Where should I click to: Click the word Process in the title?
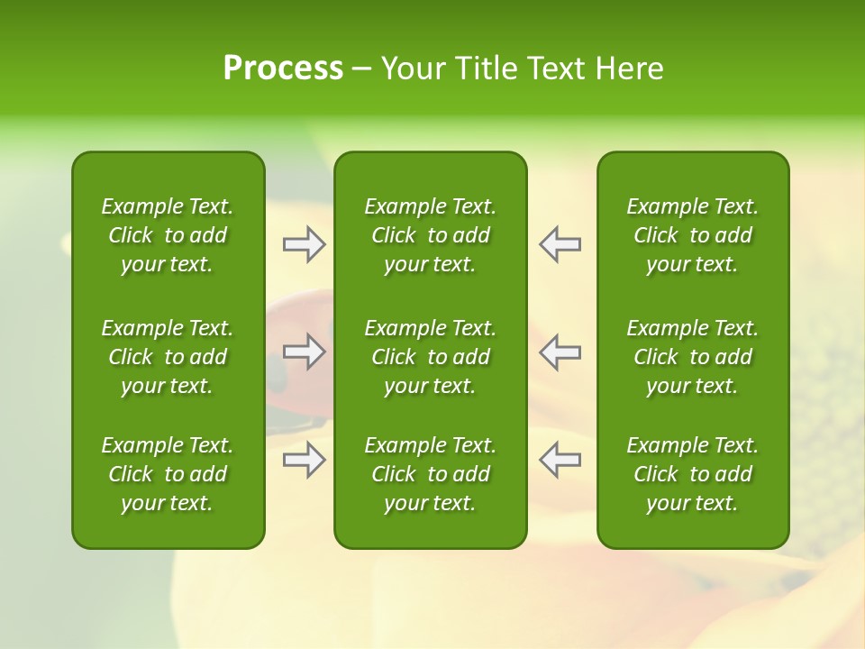point(283,69)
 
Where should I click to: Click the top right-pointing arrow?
point(304,244)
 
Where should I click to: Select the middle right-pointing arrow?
point(304,352)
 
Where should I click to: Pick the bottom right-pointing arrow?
point(304,460)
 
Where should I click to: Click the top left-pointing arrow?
point(560,244)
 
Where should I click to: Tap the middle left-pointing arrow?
point(560,352)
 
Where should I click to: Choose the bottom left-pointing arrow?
point(560,460)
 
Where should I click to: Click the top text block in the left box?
point(168,235)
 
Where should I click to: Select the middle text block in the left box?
point(168,357)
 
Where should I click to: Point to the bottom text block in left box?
point(168,474)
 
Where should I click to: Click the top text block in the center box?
point(431,235)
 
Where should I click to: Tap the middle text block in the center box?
point(431,357)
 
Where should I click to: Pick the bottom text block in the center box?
point(431,474)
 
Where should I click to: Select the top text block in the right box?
point(693,235)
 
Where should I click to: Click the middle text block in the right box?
point(693,357)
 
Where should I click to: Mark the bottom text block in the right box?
point(693,474)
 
